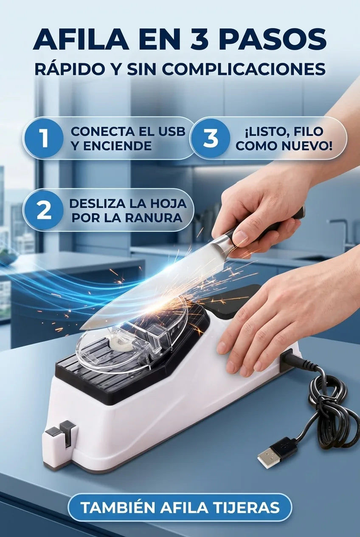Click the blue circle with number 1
pyautogui.click(x=44, y=138)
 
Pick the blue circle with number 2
pyautogui.click(x=44, y=210)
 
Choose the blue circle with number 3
pyautogui.click(x=211, y=138)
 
